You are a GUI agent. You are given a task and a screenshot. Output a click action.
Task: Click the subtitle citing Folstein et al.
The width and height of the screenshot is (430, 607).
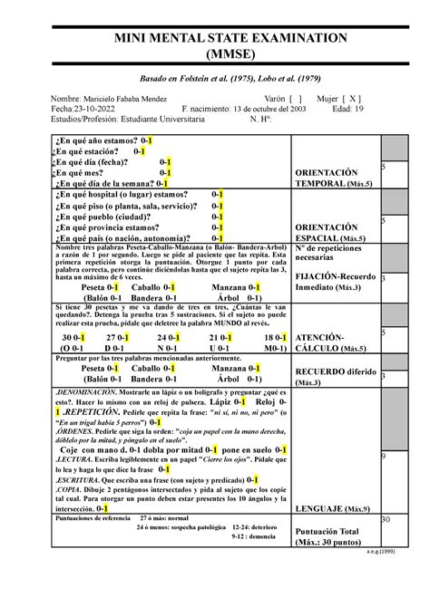tap(215, 79)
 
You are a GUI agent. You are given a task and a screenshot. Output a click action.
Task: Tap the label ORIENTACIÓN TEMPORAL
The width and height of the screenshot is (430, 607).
tap(334, 178)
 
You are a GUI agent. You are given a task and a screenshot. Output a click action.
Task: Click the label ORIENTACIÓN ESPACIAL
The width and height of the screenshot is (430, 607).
tap(332, 233)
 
